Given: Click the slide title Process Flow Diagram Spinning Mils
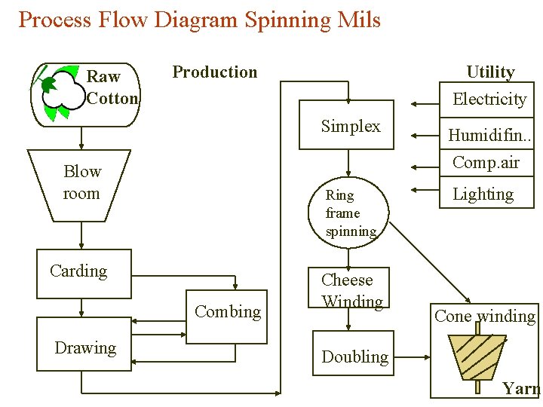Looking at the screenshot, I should (199, 20).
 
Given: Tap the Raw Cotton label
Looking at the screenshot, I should (112, 87).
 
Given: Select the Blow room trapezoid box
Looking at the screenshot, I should (81, 182).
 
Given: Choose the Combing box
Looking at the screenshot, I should (227, 315).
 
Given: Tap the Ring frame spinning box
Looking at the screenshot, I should (348, 213).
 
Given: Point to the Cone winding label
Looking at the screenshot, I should (484, 316).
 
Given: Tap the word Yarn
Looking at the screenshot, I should (522, 388).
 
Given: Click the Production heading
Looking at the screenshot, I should (214, 72).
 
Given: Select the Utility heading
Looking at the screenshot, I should (490, 72).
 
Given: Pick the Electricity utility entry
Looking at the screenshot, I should (489, 99).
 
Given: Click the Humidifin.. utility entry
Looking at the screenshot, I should (489, 136).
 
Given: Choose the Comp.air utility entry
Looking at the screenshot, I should (486, 162).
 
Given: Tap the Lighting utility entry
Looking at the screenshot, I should (483, 194).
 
